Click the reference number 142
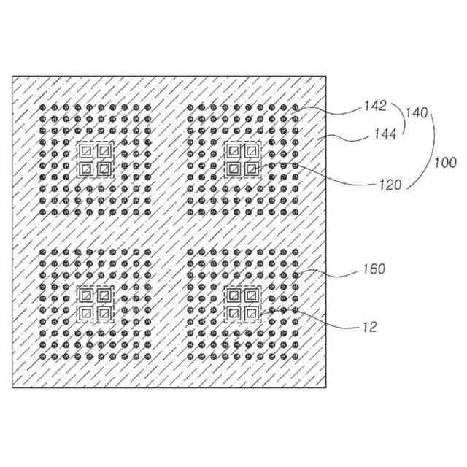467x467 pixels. tap(375, 107)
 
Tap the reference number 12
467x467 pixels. tap(369, 327)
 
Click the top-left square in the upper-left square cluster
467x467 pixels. tap(86, 151)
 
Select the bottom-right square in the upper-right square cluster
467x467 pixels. tap(252, 169)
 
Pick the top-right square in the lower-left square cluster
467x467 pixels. tap(104, 296)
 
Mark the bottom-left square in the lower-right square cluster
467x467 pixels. tap(234, 314)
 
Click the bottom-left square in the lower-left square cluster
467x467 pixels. tap(86, 314)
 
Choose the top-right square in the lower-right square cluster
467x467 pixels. tap(252, 296)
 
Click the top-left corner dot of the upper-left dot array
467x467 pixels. tap(42, 107)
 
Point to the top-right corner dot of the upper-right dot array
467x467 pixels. tap(296, 107)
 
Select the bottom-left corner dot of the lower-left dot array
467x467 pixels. tap(42, 358)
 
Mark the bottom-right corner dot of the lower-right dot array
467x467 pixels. tap(296, 358)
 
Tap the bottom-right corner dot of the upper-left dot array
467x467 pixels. tap(148, 213)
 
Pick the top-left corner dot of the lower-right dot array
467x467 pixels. tap(190, 252)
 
